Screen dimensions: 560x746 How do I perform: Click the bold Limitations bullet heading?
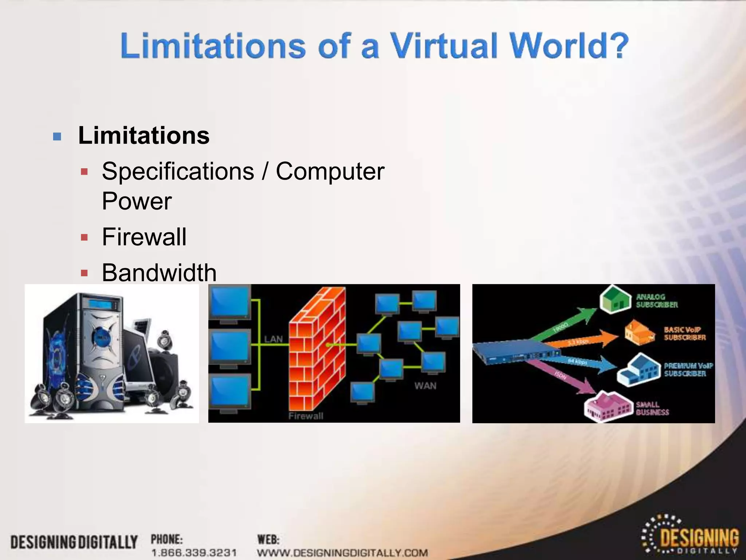(144, 135)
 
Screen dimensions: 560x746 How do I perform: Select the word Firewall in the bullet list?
(144, 237)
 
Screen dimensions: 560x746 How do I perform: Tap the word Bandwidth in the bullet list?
(159, 272)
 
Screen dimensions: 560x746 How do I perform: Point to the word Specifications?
(178, 171)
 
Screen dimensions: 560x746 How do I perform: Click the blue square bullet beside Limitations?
(57, 137)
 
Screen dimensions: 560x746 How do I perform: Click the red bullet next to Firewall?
(85, 238)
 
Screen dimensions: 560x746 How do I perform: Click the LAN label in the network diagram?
(273, 339)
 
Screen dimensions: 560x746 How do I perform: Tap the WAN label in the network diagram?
(425, 385)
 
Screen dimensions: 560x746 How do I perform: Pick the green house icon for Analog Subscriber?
(615, 300)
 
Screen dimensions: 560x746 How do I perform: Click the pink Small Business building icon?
(608, 407)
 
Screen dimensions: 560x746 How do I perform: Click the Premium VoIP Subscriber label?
(688, 369)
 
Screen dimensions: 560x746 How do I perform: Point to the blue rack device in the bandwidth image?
(516, 351)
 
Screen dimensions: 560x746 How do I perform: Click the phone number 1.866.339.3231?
(194, 553)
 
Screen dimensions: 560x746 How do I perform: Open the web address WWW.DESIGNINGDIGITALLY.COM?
(342, 553)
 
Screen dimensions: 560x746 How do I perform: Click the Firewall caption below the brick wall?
(306, 416)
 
